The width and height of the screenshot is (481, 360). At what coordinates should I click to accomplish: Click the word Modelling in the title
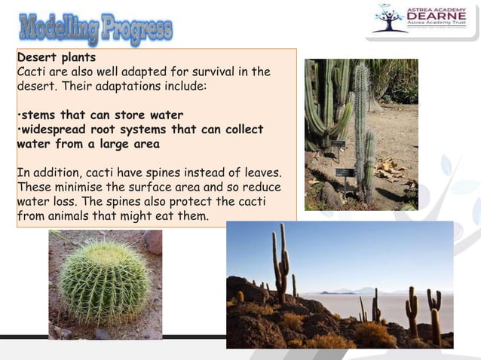click(x=57, y=29)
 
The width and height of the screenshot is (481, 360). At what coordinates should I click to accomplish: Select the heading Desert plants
click(x=57, y=57)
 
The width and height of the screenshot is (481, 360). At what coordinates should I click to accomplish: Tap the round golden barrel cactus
click(x=105, y=282)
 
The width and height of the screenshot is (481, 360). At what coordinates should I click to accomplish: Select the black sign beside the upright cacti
click(x=345, y=172)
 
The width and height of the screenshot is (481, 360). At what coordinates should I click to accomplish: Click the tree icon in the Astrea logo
click(x=390, y=19)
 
